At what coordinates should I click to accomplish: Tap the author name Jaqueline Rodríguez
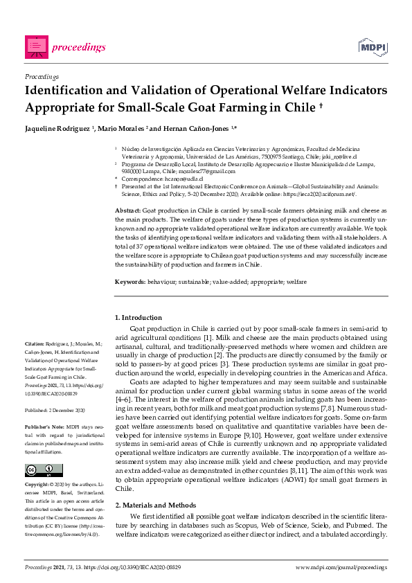57,129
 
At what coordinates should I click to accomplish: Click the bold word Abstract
127,209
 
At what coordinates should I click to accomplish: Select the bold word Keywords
129,282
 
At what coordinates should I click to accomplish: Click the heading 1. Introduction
138,317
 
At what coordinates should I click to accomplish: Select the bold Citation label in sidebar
35,343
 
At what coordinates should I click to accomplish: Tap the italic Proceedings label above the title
42,75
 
